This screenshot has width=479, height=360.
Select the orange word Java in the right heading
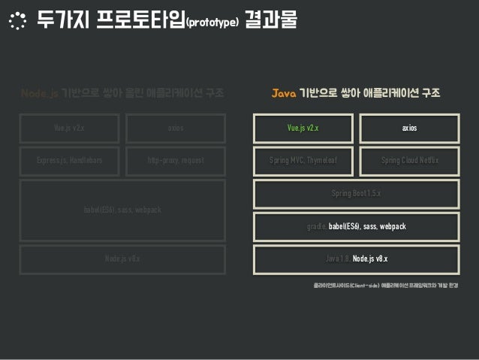284,94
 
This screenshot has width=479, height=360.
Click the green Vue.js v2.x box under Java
303,129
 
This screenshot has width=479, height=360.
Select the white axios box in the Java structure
410,129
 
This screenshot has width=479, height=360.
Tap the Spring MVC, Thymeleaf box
303,161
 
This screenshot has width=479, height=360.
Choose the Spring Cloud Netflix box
410,161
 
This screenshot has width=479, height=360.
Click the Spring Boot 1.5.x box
357,193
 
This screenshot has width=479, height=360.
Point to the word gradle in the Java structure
316,226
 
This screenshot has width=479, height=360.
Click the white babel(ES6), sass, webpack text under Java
367,226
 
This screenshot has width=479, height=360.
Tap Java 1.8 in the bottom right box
337,259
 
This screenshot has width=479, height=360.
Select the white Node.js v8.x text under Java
370,259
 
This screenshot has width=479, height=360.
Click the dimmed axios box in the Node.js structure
176,129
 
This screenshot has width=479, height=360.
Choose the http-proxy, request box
176,161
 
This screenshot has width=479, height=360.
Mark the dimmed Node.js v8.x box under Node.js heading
122,259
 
